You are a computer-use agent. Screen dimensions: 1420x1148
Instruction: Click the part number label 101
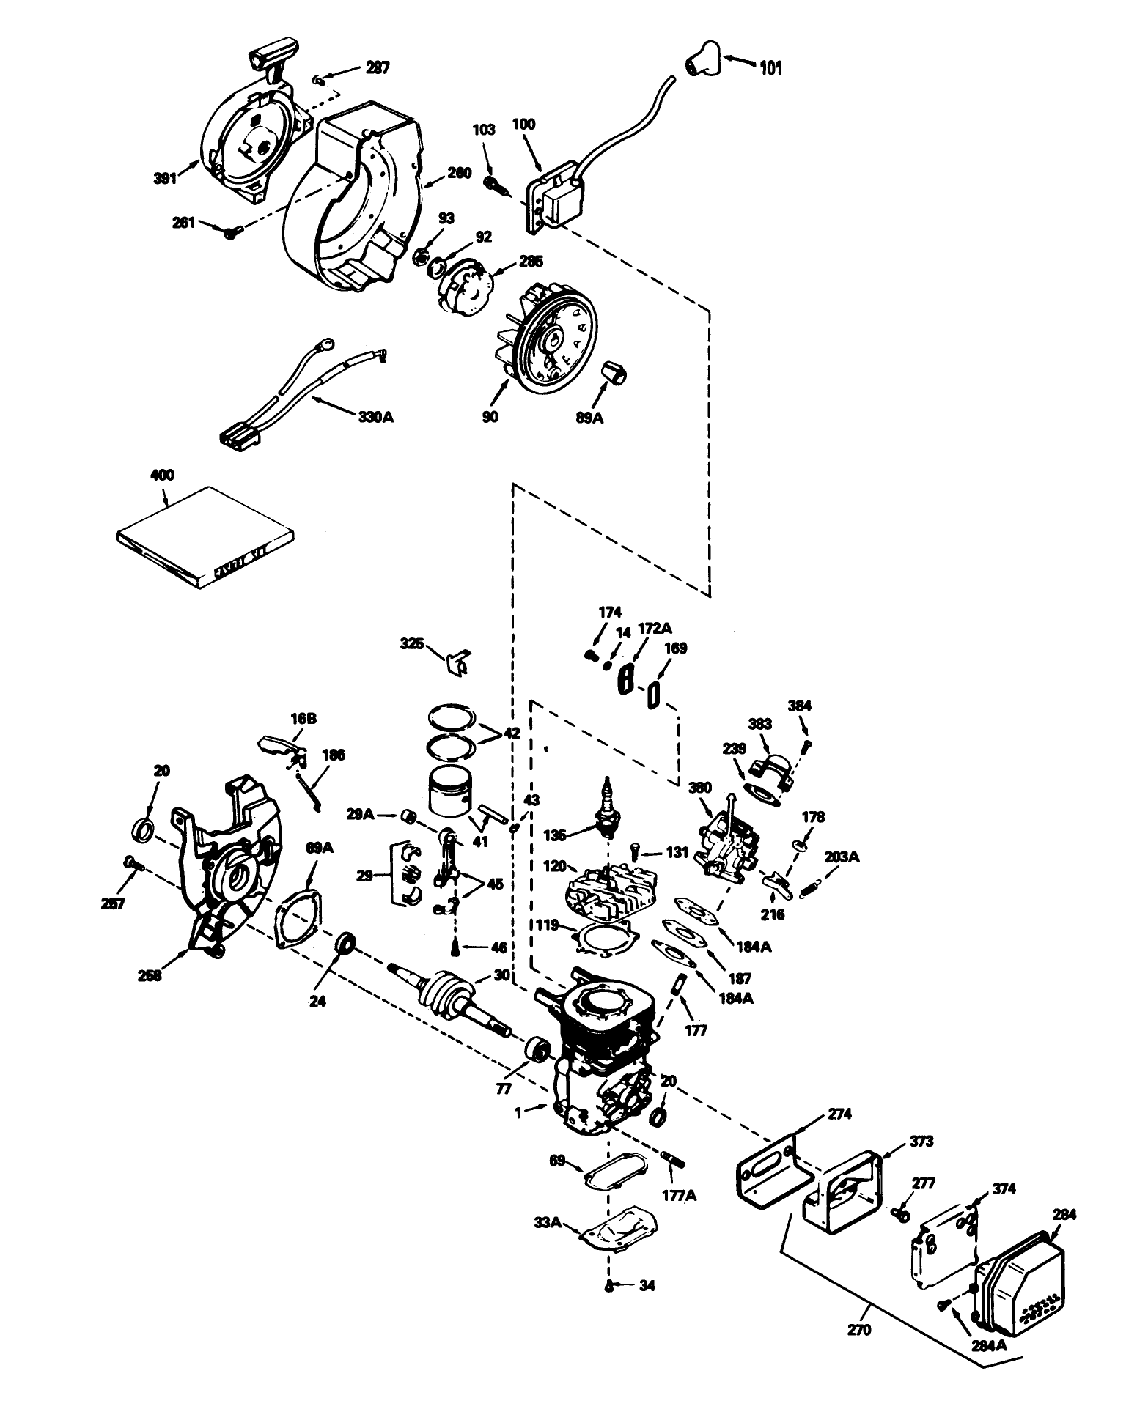pyautogui.click(x=770, y=68)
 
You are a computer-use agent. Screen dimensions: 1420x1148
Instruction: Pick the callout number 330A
pyautogui.click(x=375, y=417)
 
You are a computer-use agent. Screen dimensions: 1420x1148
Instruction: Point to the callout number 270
pyautogui.click(x=858, y=1330)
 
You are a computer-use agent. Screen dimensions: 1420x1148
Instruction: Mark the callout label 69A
pyautogui.click(x=320, y=848)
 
